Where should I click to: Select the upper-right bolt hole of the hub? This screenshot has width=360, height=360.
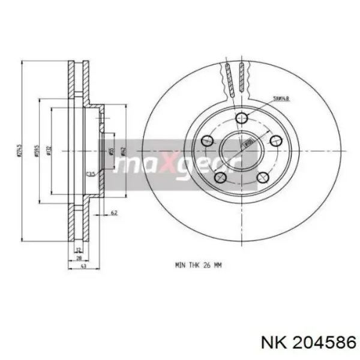pyautogui.click(x=276, y=140)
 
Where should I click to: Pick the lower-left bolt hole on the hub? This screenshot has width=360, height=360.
pyautogui.click(x=220, y=177)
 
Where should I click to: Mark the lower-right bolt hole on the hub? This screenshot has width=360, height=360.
pyautogui.click(x=262, y=177)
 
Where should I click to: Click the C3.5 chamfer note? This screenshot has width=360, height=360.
pyautogui.click(x=91, y=173)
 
